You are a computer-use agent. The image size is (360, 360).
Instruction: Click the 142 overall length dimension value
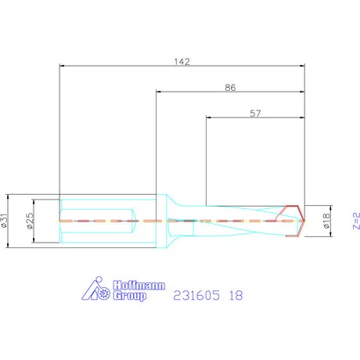pyautogui.click(x=182, y=60)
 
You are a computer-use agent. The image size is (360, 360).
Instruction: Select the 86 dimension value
pyautogui.click(x=230, y=88)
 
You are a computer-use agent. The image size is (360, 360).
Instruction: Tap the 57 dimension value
pyautogui.click(x=255, y=113)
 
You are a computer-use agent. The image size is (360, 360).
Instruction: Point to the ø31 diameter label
pyautogui.click(x=7, y=221)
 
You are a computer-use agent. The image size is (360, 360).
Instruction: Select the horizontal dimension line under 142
pyautogui.click(x=182, y=66)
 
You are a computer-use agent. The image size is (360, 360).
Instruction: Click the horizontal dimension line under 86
pyautogui.click(x=230, y=92)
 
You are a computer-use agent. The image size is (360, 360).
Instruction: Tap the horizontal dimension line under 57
pyautogui.click(x=255, y=118)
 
